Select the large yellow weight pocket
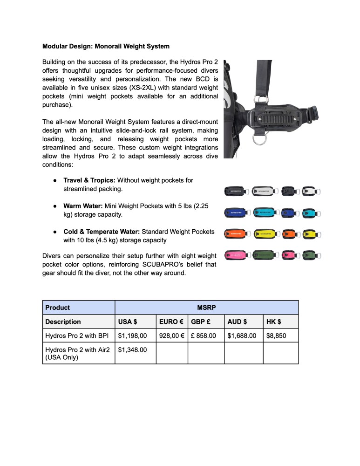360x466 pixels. pos(264,233)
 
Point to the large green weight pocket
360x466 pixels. pos(264,255)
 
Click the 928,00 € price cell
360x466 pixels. pos(172,335)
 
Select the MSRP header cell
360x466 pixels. pos(206,308)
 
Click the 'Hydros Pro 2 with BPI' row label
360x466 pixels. pos(77,335)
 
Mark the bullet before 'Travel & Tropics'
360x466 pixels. pos(54,180)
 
